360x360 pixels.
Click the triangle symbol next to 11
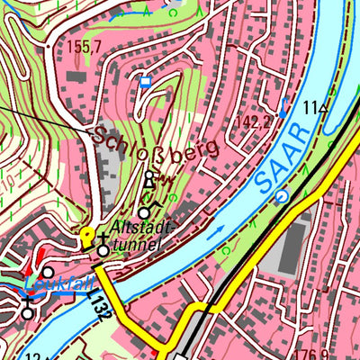click(x=323, y=108)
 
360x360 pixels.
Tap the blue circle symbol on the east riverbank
click(x=283, y=195)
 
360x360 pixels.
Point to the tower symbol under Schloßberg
click(x=149, y=181)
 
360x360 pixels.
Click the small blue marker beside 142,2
click(x=284, y=106)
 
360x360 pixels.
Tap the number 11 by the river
click(x=310, y=108)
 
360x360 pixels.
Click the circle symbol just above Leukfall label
click(x=47, y=270)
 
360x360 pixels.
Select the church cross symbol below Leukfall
click(x=27, y=311)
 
